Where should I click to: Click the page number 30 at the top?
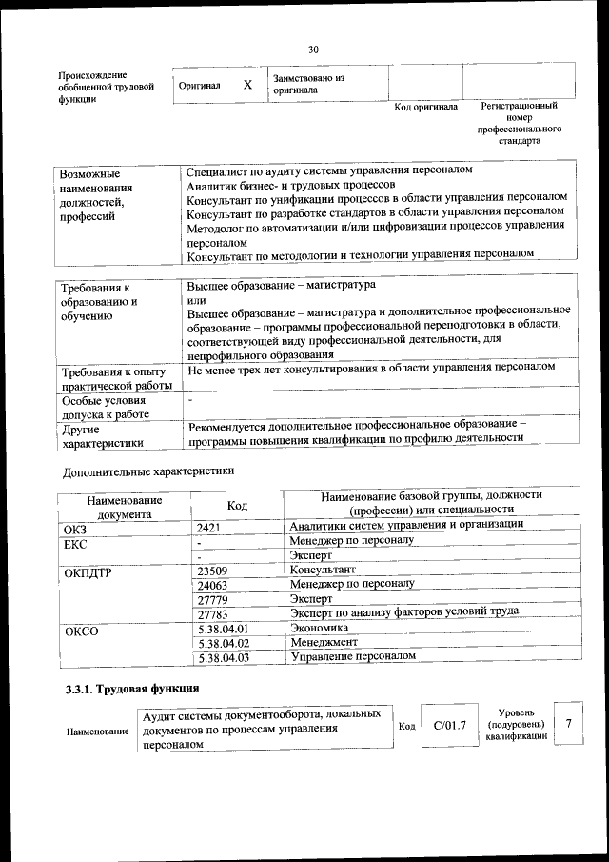[313, 50]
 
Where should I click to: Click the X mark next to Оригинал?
[247, 85]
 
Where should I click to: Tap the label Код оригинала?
[425, 107]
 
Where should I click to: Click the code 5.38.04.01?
[222, 629]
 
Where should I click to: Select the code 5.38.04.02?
[222, 643]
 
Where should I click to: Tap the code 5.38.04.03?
[222, 657]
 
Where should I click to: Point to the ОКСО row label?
[80, 630]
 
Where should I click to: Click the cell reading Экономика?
[319, 629]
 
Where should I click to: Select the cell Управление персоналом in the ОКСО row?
[353, 657]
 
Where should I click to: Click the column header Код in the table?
[237, 506]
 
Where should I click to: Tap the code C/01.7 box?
[449, 726]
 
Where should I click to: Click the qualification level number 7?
[568, 724]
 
